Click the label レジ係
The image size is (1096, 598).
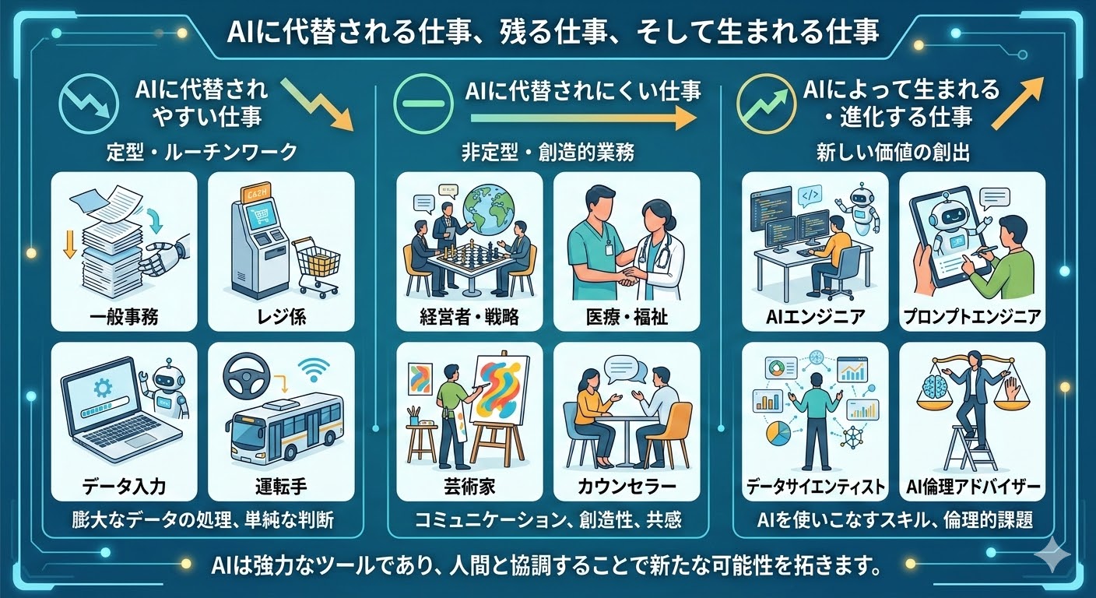click(281, 317)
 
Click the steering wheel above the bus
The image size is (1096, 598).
click(247, 378)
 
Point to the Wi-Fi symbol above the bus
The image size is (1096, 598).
click(314, 370)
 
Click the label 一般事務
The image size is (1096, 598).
click(124, 317)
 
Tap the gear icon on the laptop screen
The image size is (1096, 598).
click(104, 389)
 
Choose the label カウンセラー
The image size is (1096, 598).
click(627, 487)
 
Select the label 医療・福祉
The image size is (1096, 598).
click(627, 317)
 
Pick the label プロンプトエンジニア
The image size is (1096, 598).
click(972, 317)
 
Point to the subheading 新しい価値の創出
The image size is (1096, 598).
click(893, 153)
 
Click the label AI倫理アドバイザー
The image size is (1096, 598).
click(972, 487)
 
